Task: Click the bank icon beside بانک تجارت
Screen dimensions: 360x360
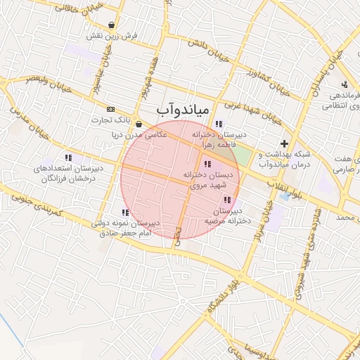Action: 110,110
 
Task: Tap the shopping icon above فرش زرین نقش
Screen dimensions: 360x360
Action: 112,25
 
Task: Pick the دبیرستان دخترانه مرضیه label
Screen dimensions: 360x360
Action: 224,215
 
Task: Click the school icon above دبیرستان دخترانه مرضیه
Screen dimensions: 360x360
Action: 226,200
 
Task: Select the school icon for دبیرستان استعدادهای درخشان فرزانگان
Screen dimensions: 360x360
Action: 67,157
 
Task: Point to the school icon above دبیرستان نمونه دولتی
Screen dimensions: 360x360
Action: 124,212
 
